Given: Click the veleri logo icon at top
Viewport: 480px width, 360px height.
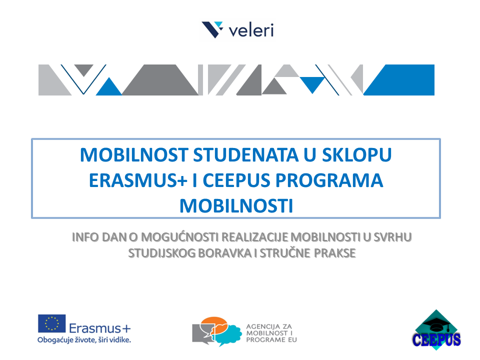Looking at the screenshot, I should (x=212, y=29).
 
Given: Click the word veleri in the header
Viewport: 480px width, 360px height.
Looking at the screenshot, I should (x=250, y=30).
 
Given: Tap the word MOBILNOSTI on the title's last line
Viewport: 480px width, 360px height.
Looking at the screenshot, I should (x=235, y=205).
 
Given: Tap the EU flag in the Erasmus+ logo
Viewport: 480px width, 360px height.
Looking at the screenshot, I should (x=51, y=323).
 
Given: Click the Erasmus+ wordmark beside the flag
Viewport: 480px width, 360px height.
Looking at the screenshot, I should (x=100, y=328).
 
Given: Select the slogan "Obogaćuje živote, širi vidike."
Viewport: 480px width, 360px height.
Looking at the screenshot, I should (x=84, y=340).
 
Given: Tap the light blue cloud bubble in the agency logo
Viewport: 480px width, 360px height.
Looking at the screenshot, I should (x=230, y=333).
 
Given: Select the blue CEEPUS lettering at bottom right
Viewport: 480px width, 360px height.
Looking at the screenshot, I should (x=436, y=340).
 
